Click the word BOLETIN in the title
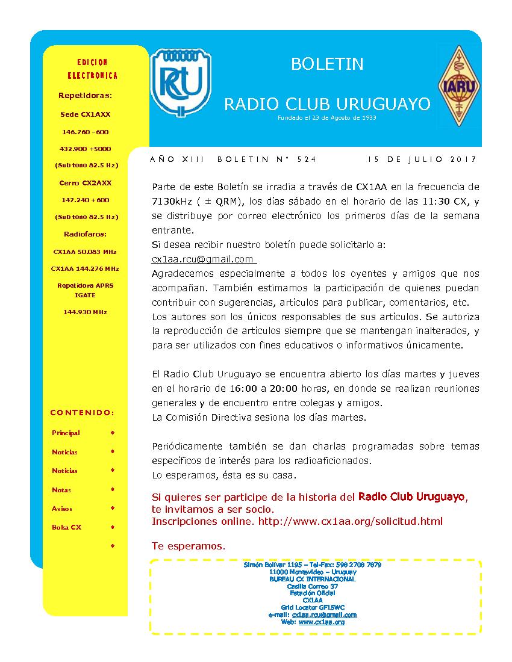pyautogui.click(x=327, y=64)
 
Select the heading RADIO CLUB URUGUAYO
pyautogui.click(x=327, y=104)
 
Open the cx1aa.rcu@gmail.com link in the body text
pyautogui.click(x=202, y=259)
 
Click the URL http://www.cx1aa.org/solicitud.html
pyautogui.click(x=350, y=521)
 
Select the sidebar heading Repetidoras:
pyautogui.click(x=85, y=95)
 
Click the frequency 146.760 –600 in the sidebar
pyautogui.click(x=85, y=132)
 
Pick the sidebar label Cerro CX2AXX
pyautogui.click(x=85, y=183)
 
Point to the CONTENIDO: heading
pyautogui.click(x=82, y=413)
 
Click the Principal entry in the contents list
pyautogui.click(x=66, y=433)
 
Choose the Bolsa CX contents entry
pyautogui.click(x=66, y=527)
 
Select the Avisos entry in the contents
pyautogui.click(x=62, y=509)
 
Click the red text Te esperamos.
pyautogui.click(x=189, y=546)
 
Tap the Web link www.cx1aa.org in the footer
pyautogui.click(x=321, y=622)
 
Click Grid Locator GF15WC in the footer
pyautogui.click(x=313, y=607)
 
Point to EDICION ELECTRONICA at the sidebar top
pyautogui.click(x=92, y=69)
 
